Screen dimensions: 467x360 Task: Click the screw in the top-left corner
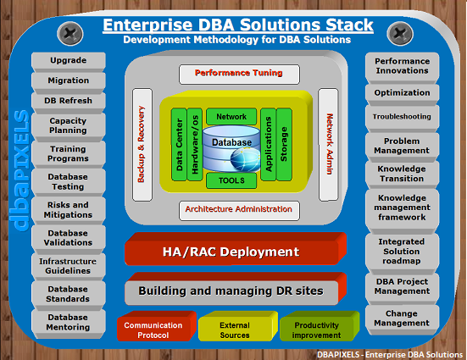(x=70, y=34)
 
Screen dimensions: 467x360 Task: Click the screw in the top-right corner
(x=400, y=34)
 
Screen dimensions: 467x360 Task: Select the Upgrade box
(x=69, y=62)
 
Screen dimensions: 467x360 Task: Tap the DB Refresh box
(x=69, y=102)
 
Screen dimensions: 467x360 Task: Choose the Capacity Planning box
(x=69, y=127)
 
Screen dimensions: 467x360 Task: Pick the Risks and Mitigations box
(x=69, y=211)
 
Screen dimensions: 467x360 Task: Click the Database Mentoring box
(x=69, y=324)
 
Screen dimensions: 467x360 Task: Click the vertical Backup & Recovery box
(x=142, y=144)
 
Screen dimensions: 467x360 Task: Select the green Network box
(x=231, y=116)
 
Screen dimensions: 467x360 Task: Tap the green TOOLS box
(x=231, y=180)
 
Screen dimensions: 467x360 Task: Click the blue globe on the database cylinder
(x=245, y=160)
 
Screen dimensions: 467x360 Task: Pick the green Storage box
(x=284, y=144)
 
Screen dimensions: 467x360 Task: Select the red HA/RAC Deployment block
(x=236, y=249)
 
